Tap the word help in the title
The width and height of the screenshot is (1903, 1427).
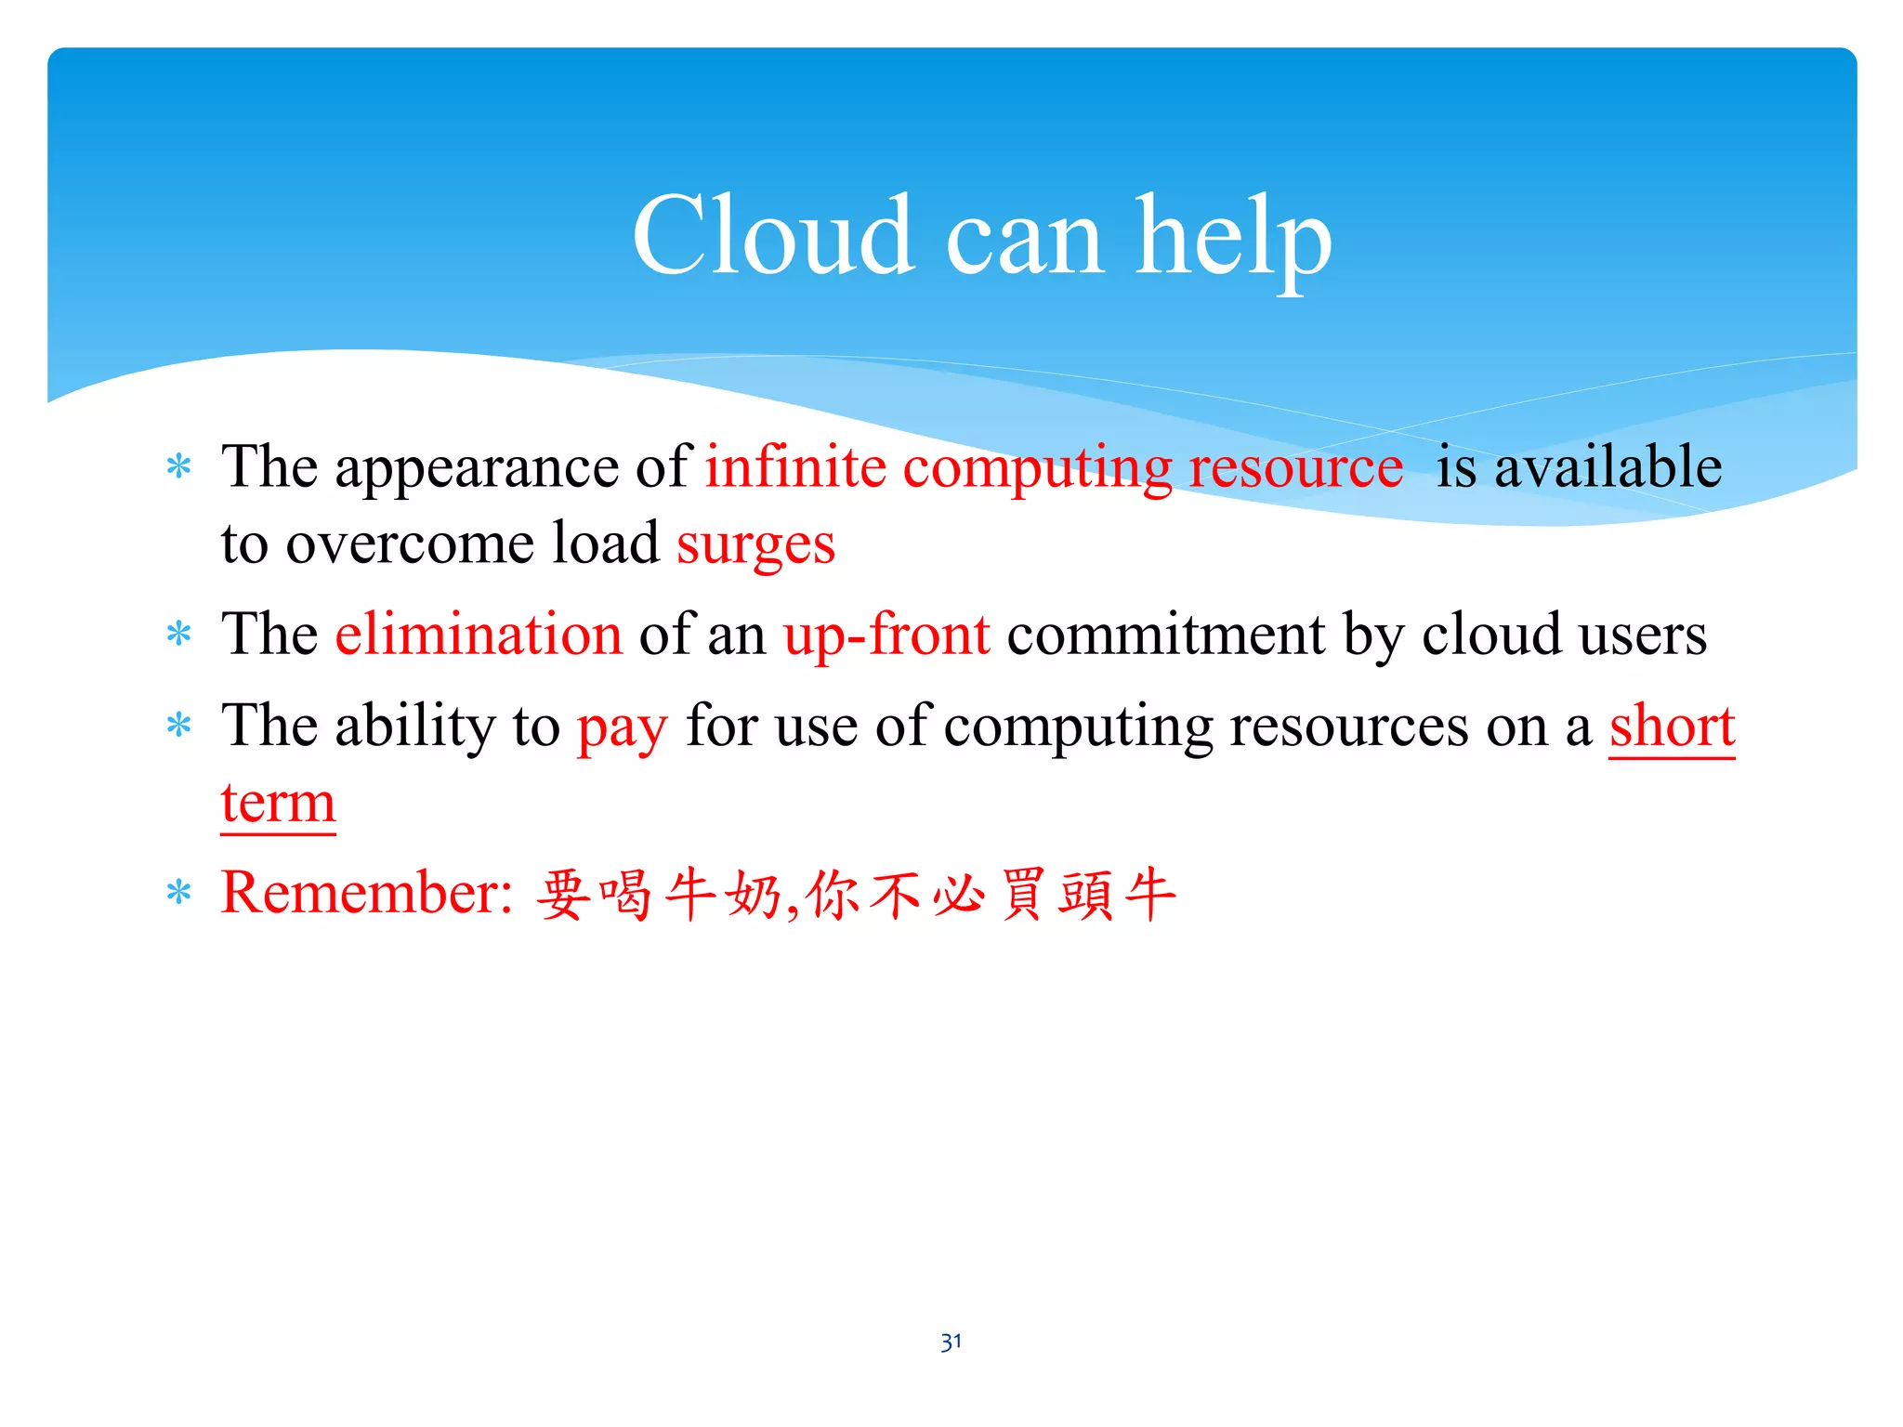tap(1233, 237)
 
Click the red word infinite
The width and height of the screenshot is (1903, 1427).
tap(795, 466)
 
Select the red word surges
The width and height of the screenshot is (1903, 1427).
tap(755, 544)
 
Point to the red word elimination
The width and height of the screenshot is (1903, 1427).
tap(479, 635)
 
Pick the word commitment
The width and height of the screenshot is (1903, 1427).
tap(1165, 635)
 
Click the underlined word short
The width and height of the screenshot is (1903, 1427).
tap(1672, 726)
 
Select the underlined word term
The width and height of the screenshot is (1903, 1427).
tap(278, 803)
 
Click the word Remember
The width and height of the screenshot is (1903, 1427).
tap(366, 893)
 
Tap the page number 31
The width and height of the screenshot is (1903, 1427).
tap(951, 1342)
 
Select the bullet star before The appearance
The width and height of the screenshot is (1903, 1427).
tap(178, 467)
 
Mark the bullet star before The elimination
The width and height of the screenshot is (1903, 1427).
tap(178, 635)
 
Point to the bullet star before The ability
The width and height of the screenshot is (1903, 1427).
tap(178, 727)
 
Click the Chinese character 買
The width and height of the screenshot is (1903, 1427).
tap(1023, 895)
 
